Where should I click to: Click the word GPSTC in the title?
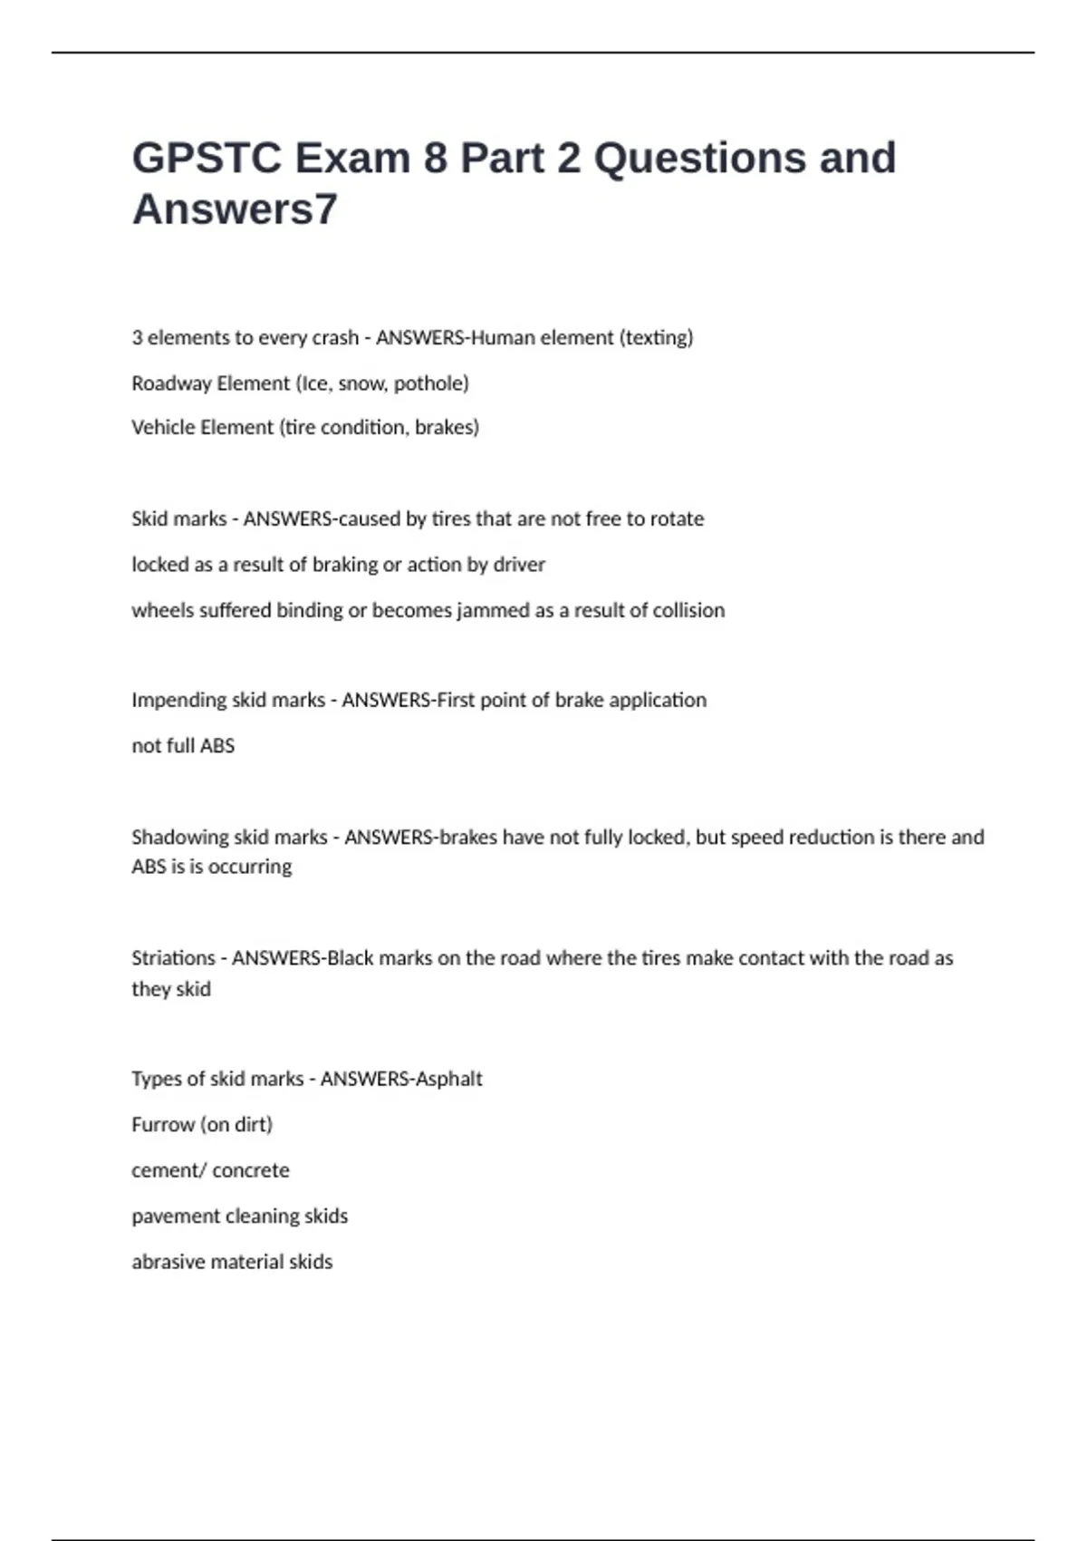click(207, 158)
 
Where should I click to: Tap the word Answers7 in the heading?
click(235, 209)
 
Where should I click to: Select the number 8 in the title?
click(435, 158)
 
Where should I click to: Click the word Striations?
click(173, 958)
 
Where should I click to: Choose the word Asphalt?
click(447, 1079)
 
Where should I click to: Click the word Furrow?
click(163, 1125)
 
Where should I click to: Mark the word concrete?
click(251, 1170)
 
